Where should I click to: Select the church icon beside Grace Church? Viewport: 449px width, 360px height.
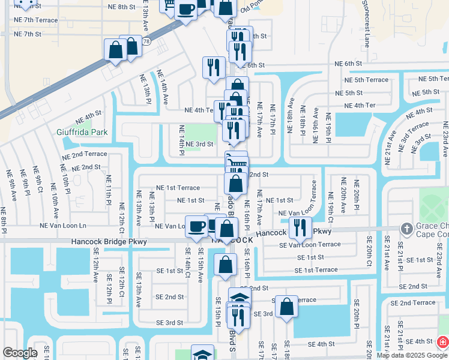tap(406, 229)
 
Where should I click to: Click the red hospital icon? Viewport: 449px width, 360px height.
tap(442, 342)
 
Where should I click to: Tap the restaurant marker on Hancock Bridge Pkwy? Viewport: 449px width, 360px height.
tap(300, 227)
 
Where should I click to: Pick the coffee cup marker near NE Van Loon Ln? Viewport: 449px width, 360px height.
tap(196, 226)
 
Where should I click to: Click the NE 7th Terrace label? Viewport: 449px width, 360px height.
tap(36, 20)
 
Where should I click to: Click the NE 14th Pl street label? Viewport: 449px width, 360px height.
tap(181, 139)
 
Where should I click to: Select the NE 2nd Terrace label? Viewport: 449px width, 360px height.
tap(85, 154)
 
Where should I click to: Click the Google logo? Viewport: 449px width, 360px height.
tap(20, 353)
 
